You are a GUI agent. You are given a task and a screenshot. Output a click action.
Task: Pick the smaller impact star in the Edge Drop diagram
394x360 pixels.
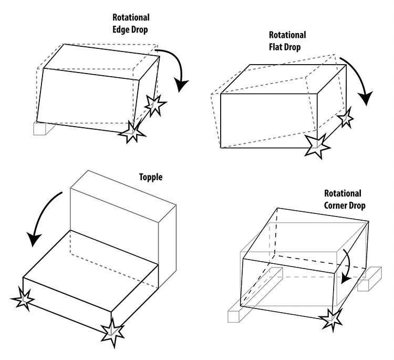[x=154, y=105]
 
